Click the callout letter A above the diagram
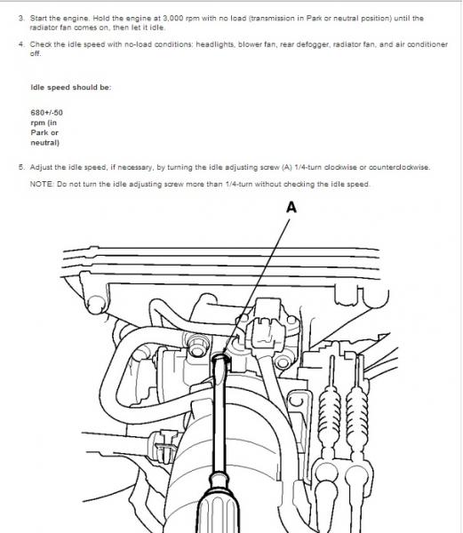[291, 207]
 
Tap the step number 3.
[21, 18]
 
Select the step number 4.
[21, 44]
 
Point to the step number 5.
[21, 167]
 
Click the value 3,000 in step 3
[173, 19]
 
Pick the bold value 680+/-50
[46, 113]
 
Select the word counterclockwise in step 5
[399, 167]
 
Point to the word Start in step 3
[38, 18]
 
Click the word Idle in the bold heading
[37, 87]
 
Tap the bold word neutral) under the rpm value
[44, 142]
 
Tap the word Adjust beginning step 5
[40, 167]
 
